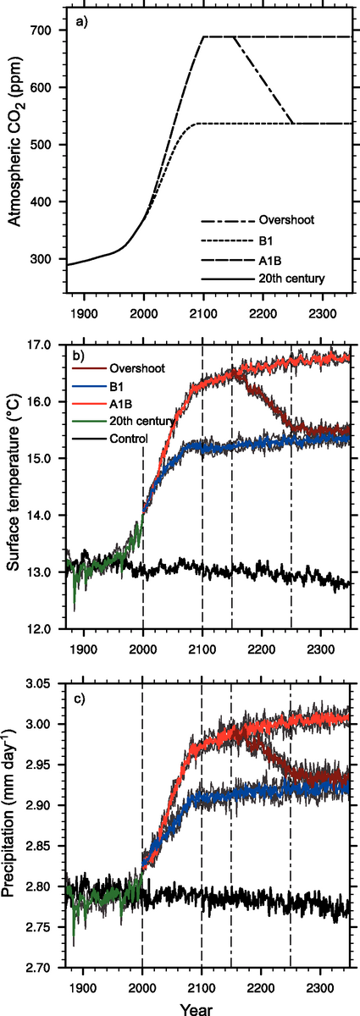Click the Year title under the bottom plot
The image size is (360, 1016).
(x=202, y=1007)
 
